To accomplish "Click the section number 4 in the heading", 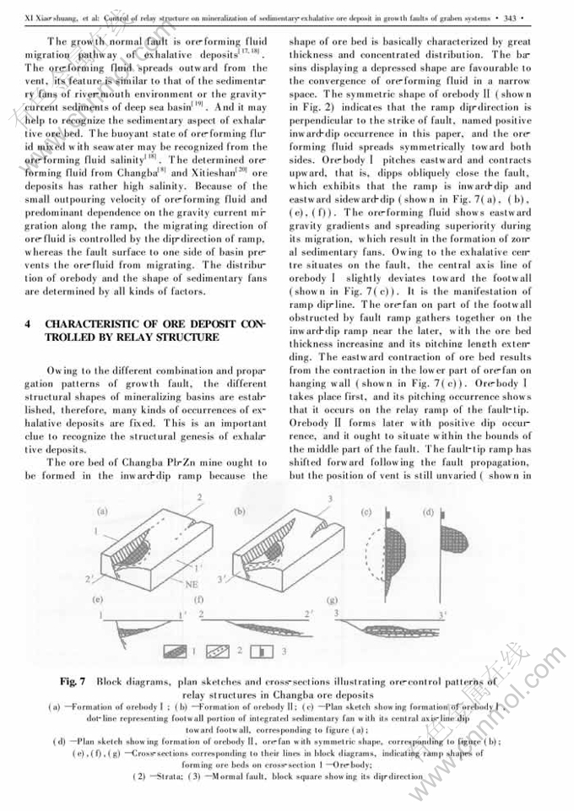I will point(29,323).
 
